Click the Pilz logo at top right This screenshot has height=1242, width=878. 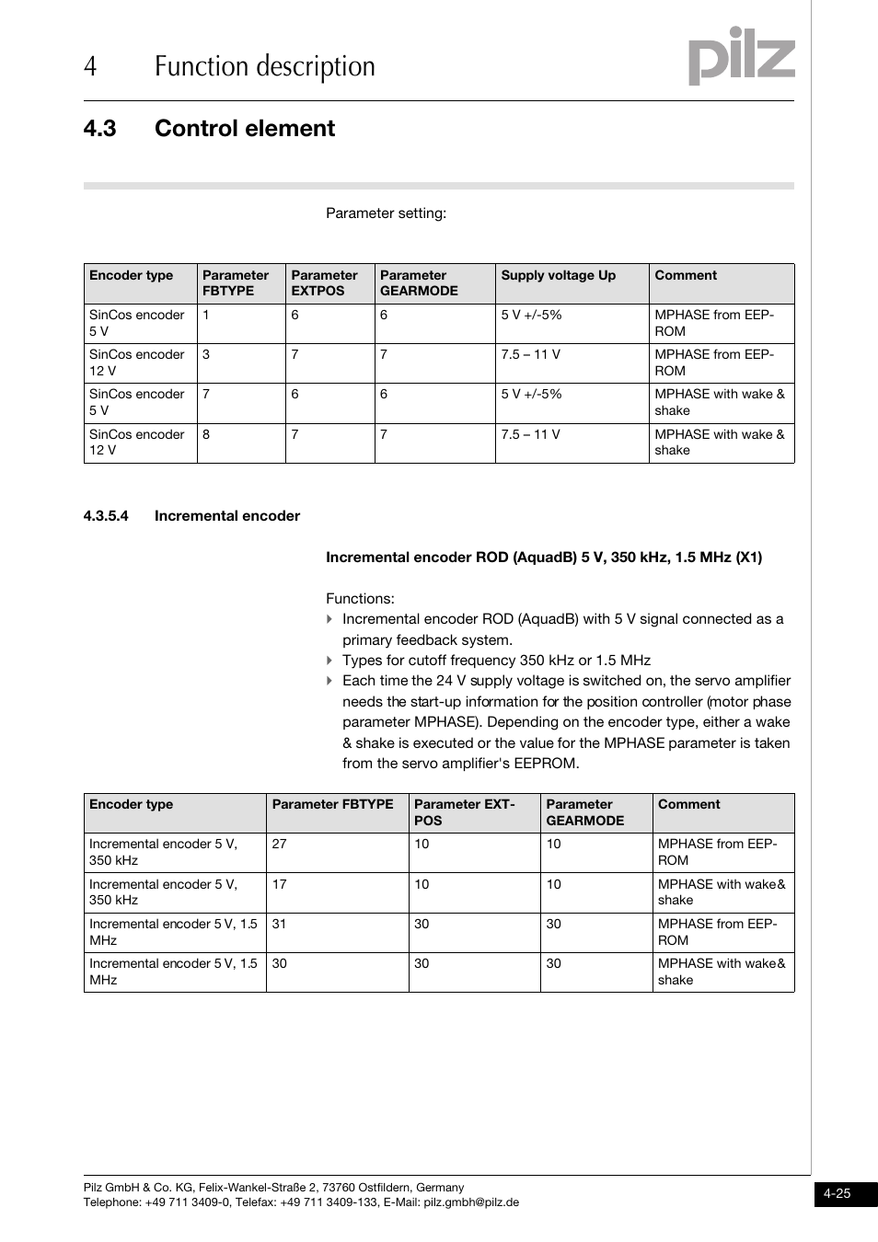[741, 57]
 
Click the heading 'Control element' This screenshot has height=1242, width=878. [244, 129]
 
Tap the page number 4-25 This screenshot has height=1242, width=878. [837, 1194]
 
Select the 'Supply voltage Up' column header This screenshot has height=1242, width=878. [558, 275]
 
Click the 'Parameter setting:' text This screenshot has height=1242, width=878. [386, 213]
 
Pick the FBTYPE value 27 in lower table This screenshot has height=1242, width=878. [279, 845]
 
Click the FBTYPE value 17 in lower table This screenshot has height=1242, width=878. [279, 884]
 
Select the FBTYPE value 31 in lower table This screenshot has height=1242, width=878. [279, 924]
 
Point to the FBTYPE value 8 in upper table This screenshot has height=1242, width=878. [206, 434]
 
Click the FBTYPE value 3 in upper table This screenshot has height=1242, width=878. [206, 354]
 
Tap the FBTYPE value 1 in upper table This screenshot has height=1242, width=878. [206, 315]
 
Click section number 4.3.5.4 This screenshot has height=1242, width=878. [106, 516]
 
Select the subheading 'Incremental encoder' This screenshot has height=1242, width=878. [226, 516]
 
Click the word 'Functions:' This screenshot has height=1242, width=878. [360, 599]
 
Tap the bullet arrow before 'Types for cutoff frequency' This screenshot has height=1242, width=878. [329, 661]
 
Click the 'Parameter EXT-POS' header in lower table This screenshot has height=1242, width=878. [464, 812]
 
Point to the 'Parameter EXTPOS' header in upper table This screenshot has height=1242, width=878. [324, 282]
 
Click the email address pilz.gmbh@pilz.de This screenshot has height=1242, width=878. [470, 1202]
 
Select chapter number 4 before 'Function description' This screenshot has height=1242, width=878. [89, 67]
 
